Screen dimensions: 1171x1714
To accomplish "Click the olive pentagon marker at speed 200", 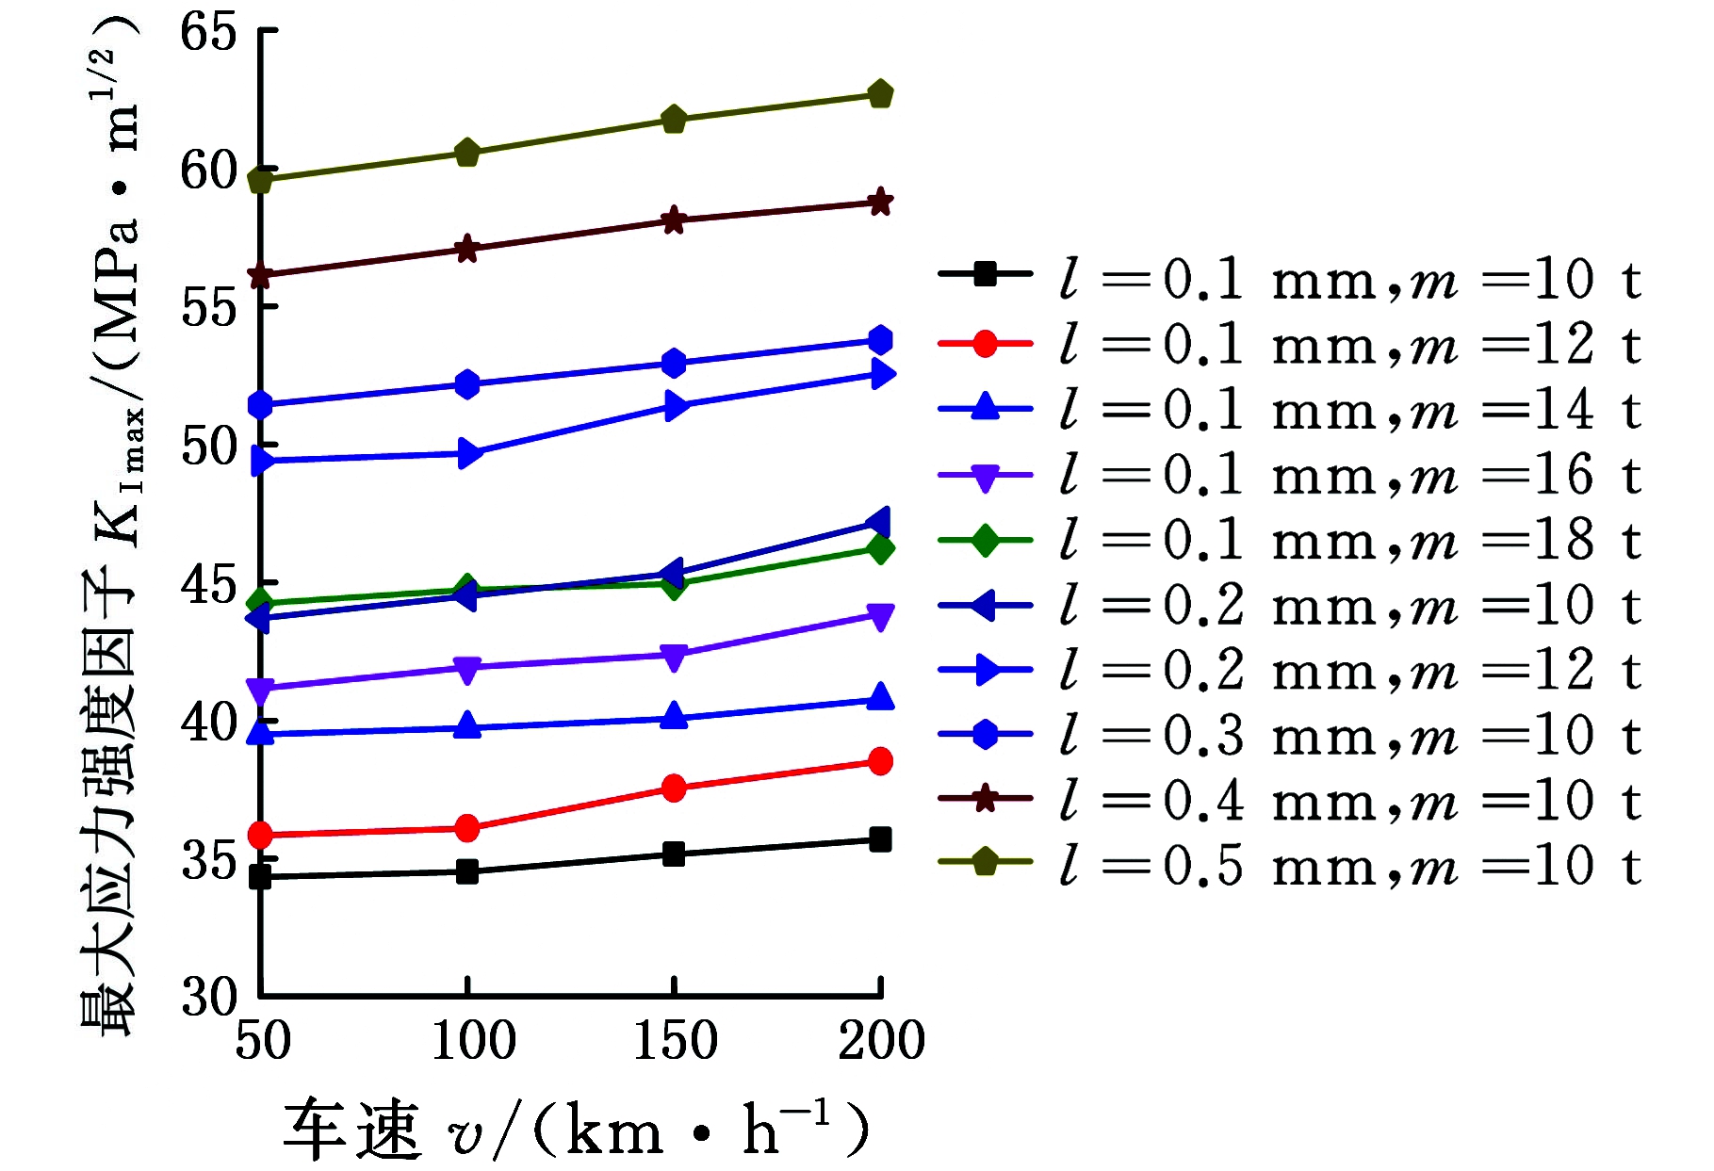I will click(880, 94).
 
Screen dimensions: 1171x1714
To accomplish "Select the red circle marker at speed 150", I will click(674, 789).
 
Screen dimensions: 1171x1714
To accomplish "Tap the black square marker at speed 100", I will click(467, 871).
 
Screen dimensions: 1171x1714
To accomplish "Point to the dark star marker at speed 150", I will click(674, 220).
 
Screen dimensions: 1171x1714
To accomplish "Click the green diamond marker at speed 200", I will click(880, 548).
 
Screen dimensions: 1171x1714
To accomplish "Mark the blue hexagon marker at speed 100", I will click(467, 384).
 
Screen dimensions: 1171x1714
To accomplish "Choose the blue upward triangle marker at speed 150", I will click(674, 715).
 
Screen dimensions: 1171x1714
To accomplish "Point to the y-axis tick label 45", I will click(208, 585).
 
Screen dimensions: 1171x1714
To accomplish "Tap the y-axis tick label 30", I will click(208, 997).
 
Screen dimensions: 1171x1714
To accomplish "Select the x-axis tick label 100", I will click(473, 1041).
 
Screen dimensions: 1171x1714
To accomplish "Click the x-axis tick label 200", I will click(881, 1041).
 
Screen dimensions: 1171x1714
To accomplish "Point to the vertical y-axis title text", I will click(111, 528).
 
